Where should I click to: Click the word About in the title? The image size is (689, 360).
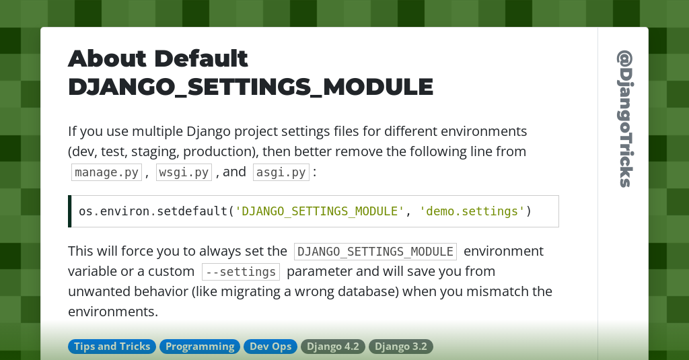(108, 59)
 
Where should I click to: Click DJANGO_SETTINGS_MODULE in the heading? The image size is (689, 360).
(250, 87)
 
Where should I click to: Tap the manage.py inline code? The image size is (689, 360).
(106, 172)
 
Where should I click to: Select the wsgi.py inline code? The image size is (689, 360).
(184, 172)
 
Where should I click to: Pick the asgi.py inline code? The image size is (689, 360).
(281, 172)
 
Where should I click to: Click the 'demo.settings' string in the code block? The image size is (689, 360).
(472, 211)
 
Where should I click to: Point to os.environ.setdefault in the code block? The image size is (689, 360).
(153, 211)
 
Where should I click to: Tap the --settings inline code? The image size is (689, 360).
(240, 272)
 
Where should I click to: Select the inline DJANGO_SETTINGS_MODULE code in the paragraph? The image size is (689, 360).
(375, 252)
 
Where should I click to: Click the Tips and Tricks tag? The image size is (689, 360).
(112, 347)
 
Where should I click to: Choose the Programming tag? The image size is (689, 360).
(200, 347)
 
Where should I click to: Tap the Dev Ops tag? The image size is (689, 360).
(270, 347)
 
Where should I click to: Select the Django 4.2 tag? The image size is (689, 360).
(333, 347)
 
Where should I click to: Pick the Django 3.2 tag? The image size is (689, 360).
(401, 347)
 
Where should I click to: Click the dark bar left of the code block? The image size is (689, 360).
(70, 211)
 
